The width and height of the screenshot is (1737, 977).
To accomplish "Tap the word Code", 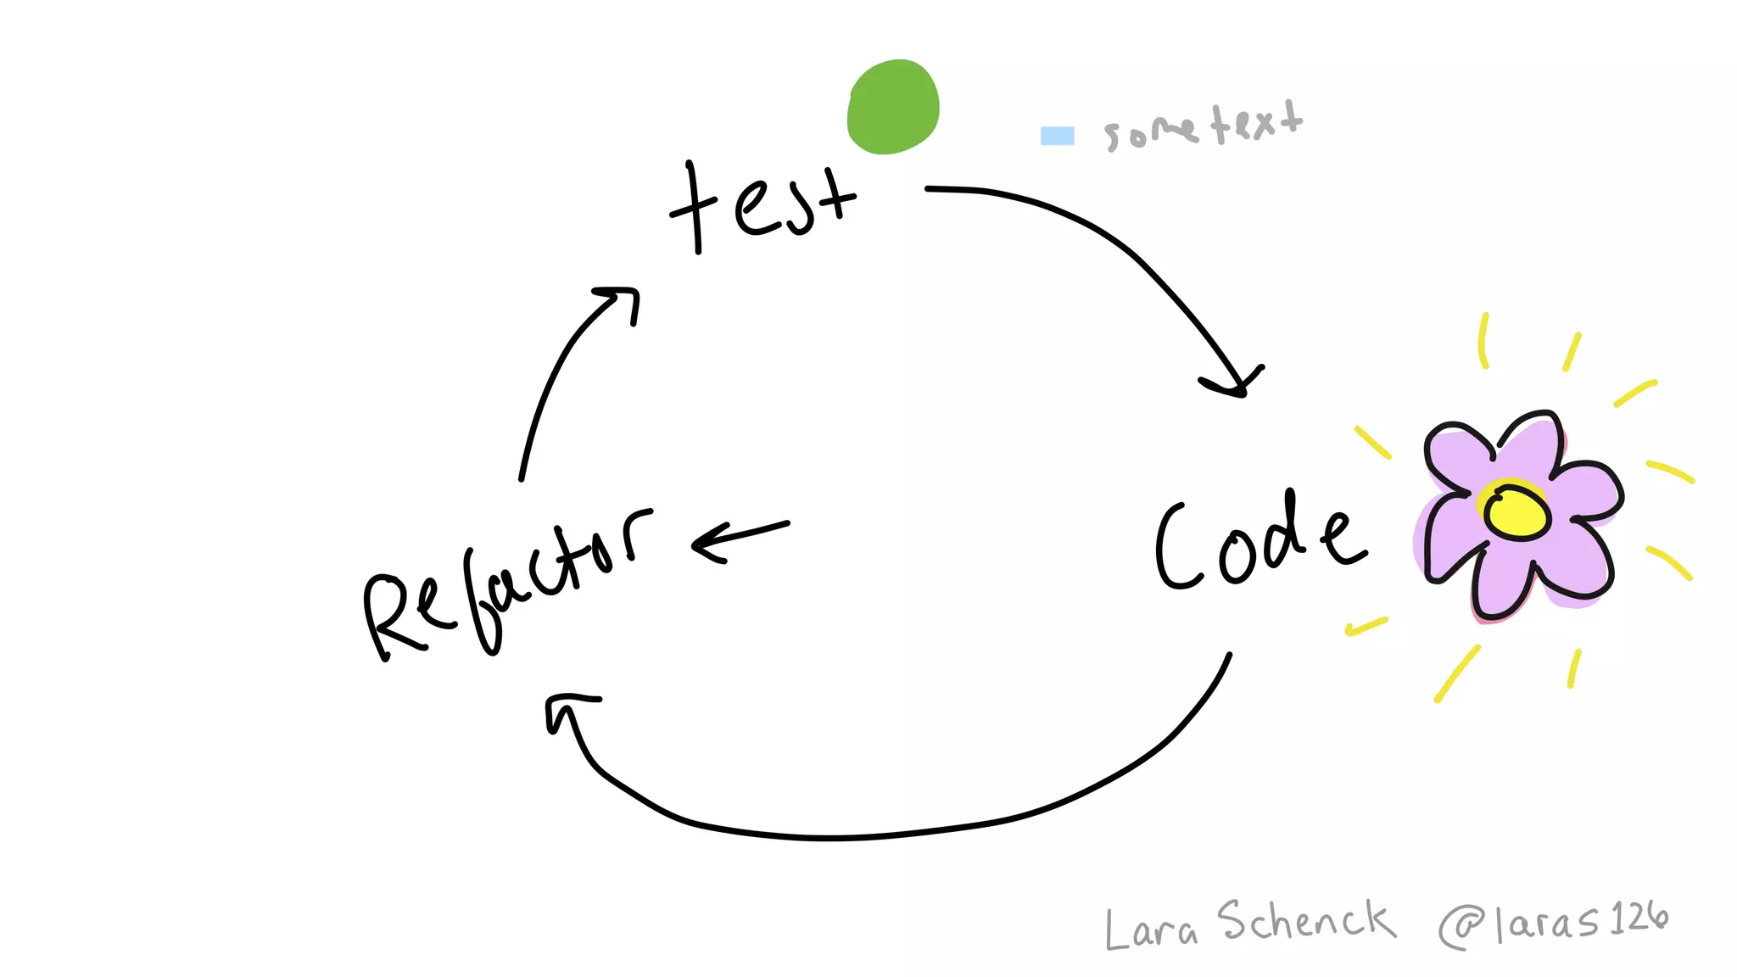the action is (1259, 543).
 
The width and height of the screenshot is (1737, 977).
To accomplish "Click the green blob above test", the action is (893, 107).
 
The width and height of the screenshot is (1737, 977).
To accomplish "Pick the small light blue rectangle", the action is (1057, 136).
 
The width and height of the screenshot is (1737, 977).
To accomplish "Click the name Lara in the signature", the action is (1151, 929).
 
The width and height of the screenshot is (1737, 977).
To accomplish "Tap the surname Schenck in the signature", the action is (1306, 922).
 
